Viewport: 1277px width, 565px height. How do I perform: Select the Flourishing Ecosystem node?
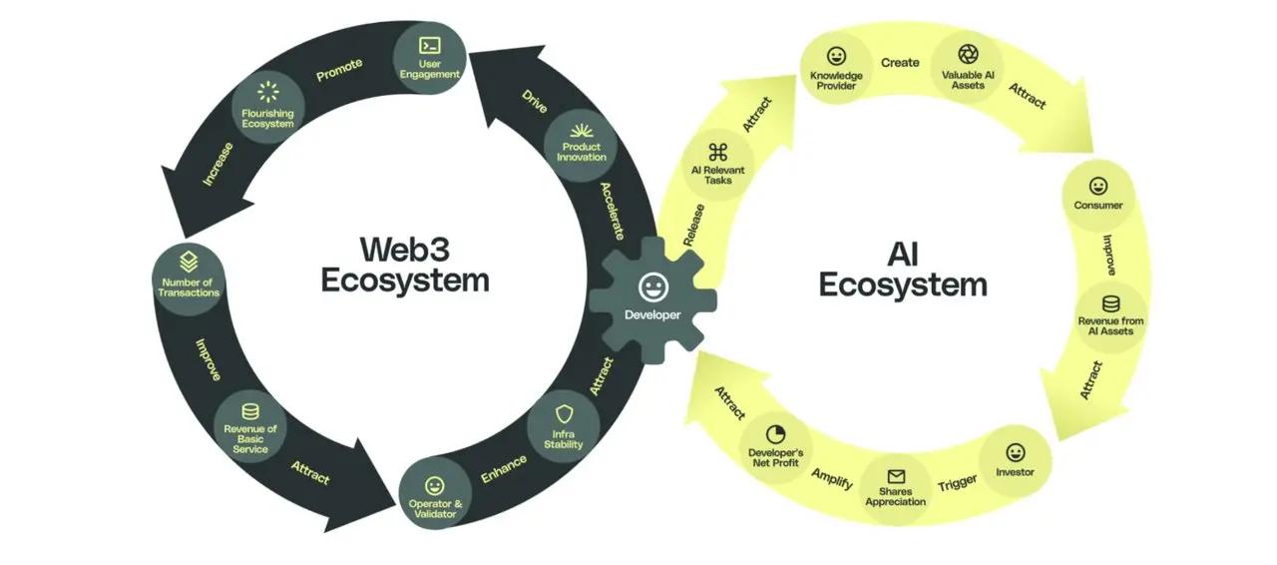tap(267, 107)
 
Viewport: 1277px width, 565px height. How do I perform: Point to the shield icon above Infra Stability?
tap(564, 414)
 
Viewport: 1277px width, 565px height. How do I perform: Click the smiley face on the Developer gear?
tap(652, 286)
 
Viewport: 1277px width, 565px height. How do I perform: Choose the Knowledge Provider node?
tap(836, 67)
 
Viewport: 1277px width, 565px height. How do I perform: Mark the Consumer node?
tap(1098, 194)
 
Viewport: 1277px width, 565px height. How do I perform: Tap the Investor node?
tap(1016, 460)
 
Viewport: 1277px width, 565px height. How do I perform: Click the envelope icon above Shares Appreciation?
tap(896, 477)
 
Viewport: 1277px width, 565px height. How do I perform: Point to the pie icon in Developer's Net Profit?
tap(776, 434)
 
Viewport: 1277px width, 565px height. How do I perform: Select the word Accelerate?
tap(613, 211)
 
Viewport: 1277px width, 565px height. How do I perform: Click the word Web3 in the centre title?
tap(405, 248)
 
